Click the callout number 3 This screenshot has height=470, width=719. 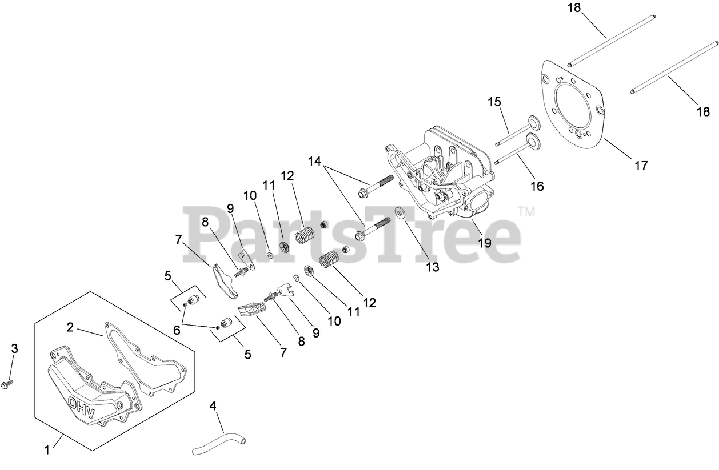coord(15,348)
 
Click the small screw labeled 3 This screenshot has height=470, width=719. coord(8,384)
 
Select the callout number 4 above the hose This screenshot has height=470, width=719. coord(213,407)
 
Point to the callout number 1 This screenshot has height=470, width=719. coord(47,450)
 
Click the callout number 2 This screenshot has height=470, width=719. coord(70,327)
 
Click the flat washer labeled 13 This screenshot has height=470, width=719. coord(399,212)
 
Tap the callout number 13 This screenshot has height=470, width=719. coord(433,267)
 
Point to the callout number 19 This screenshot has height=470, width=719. coord(484,243)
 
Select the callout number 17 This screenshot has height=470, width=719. coord(641,166)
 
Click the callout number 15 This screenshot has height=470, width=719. coord(494,102)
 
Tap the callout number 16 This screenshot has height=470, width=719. coord(537,186)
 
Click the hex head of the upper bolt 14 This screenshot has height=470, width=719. coord(363,193)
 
